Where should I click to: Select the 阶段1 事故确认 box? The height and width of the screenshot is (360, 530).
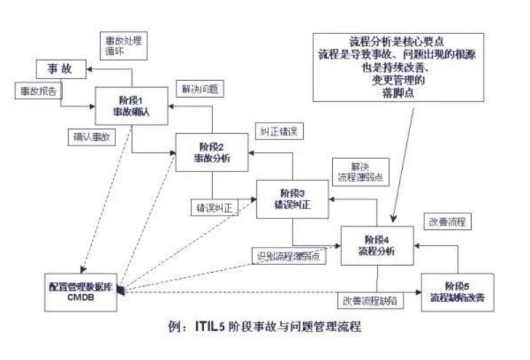tap(131, 107)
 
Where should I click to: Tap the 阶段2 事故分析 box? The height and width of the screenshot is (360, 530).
tap(211, 152)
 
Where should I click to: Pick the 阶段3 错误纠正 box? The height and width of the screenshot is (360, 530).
tap(292, 199)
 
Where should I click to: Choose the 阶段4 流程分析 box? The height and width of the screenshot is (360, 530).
tap(377, 245)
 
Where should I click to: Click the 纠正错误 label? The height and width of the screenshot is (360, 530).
tap(279, 131)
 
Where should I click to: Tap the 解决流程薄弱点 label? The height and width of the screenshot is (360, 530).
tap(361, 170)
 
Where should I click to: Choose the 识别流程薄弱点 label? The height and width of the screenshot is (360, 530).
tap(289, 256)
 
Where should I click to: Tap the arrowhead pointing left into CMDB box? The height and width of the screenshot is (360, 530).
tap(120, 290)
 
